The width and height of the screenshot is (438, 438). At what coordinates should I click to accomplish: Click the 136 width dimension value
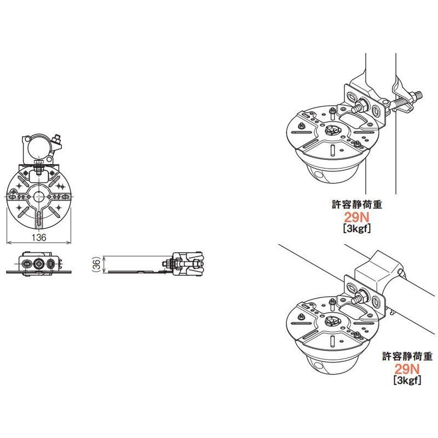(38, 237)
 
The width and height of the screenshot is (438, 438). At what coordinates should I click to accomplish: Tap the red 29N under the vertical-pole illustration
(357, 216)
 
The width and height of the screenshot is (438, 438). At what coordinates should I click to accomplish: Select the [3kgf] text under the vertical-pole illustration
(357, 229)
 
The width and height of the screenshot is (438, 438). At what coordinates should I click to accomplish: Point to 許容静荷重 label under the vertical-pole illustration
(357, 205)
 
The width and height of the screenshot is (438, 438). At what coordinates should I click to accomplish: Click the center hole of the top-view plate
(38, 197)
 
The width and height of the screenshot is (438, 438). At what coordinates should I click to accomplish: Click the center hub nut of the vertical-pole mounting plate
(332, 131)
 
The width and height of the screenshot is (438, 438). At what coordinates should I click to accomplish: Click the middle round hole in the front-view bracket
(38, 263)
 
